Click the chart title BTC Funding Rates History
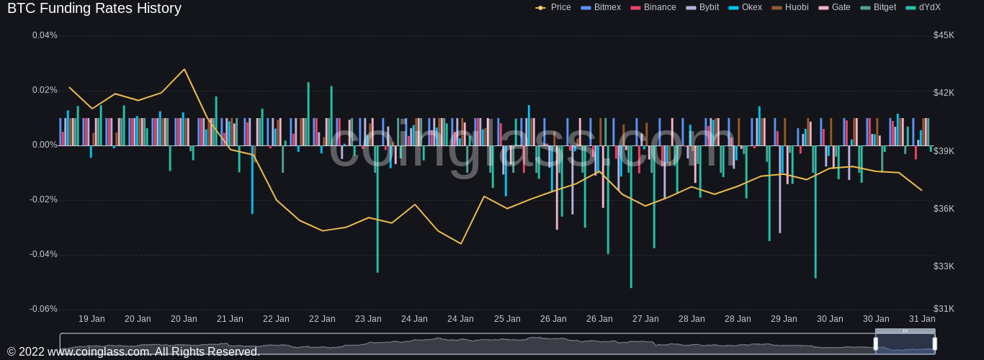[94, 9]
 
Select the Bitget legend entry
[878, 7]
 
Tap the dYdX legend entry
[923, 7]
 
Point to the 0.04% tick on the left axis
[45, 35]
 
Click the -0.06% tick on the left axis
[43, 309]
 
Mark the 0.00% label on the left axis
[45, 145]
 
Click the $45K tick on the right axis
[944, 35]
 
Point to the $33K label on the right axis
[944, 266]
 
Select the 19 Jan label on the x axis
[91, 319]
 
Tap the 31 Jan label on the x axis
[922, 319]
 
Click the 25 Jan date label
[507, 319]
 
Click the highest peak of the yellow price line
[184, 69]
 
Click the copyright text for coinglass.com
[133, 352]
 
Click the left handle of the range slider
[876, 343]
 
